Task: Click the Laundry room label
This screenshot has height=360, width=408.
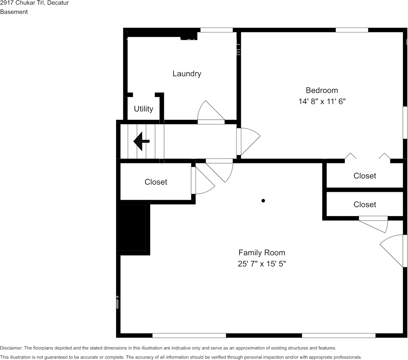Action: pyautogui.click(x=187, y=74)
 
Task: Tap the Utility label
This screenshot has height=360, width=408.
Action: pyautogui.click(x=143, y=109)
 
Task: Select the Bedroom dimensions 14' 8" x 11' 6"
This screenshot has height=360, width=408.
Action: pyautogui.click(x=322, y=101)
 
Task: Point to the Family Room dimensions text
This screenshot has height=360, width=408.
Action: pyautogui.click(x=262, y=264)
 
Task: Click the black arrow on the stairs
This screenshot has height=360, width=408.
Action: pyautogui.click(x=141, y=142)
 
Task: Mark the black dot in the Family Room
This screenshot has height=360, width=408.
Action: pyautogui.click(x=263, y=201)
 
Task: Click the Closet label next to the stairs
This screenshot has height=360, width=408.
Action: pyautogui.click(x=156, y=182)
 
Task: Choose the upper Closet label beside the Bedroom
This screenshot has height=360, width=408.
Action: pyautogui.click(x=365, y=176)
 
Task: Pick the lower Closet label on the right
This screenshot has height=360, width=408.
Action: pyautogui.click(x=365, y=205)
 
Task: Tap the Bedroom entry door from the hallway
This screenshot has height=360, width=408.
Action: pyautogui.click(x=248, y=142)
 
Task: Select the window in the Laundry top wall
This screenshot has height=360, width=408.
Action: pyautogui.click(x=216, y=30)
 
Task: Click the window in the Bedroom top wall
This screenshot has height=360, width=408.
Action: pyautogui.click(x=352, y=30)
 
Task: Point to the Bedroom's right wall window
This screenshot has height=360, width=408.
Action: pyautogui.click(x=405, y=123)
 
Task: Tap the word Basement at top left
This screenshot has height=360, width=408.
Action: pyautogui.click(x=14, y=12)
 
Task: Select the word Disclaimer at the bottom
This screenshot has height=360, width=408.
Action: pyautogui.click(x=11, y=348)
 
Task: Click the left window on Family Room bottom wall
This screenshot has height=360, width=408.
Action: pyautogui.click(x=189, y=336)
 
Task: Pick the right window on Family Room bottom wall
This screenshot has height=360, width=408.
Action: pyautogui.click(x=339, y=336)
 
